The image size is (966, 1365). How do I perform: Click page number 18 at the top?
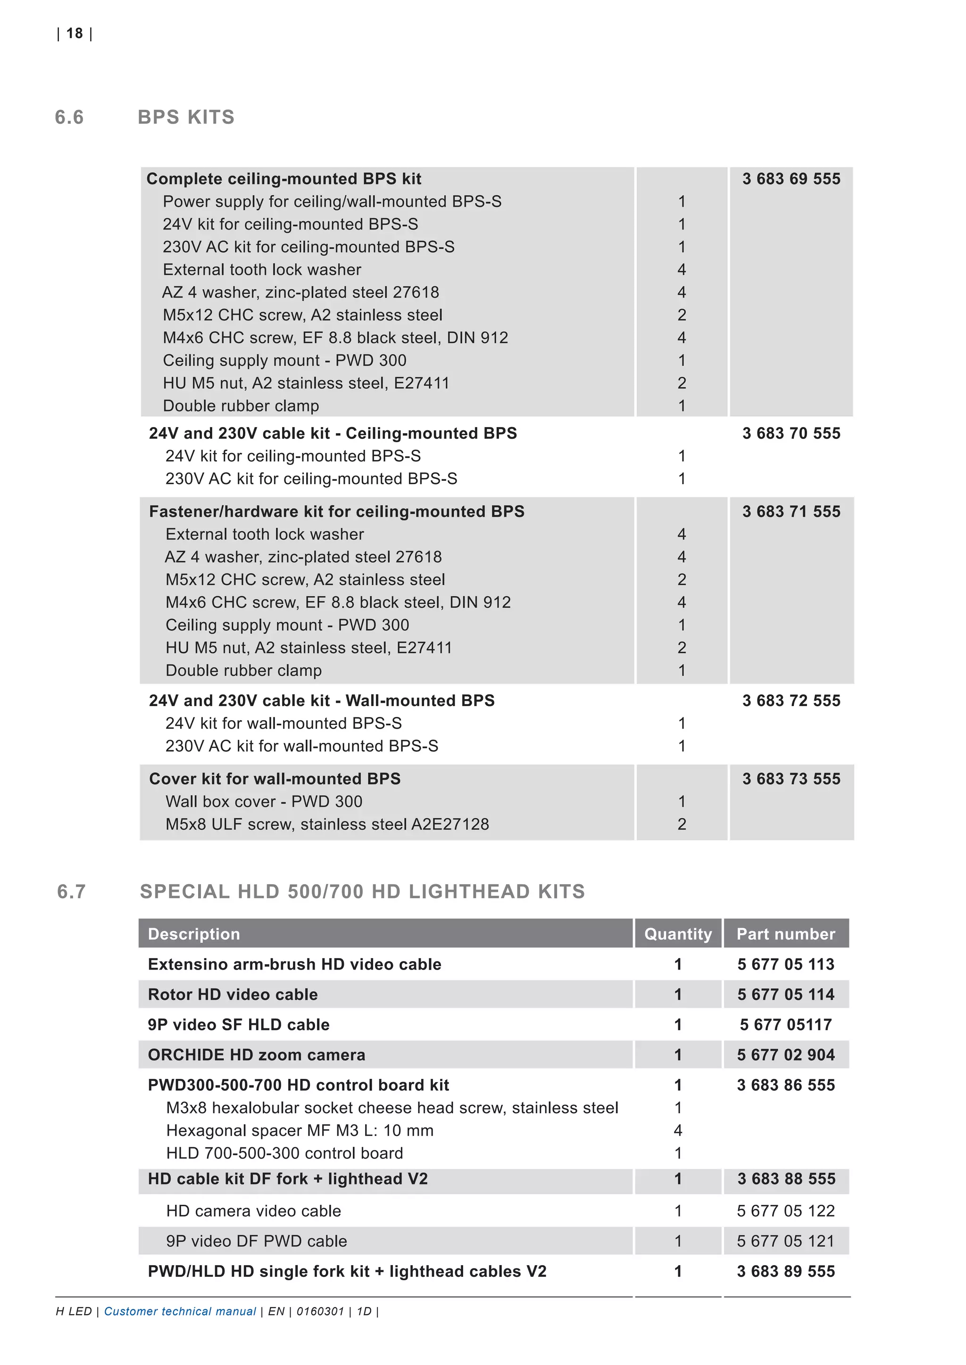(x=75, y=34)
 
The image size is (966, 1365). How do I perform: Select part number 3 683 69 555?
(x=791, y=179)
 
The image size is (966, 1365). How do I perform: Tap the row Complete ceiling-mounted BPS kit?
(x=284, y=179)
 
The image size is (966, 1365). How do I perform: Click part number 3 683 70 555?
(x=791, y=434)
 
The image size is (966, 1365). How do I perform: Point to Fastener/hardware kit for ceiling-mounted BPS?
(x=337, y=512)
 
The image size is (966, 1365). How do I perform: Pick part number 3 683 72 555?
(x=791, y=701)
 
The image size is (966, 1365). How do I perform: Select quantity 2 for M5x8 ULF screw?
(x=682, y=824)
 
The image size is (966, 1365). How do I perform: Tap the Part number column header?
(x=785, y=934)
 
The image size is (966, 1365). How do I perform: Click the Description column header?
(x=194, y=934)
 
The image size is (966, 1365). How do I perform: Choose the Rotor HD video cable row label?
(x=233, y=995)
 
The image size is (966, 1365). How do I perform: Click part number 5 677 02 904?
(x=785, y=1055)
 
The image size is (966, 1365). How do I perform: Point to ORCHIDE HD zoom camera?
(x=257, y=1055)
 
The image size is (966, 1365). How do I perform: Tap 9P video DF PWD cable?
(x=257, y=1242)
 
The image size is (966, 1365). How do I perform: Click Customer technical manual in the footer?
(x=180, y=1311)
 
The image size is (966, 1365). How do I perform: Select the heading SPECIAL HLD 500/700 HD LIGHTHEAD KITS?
(x=362, y=892)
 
